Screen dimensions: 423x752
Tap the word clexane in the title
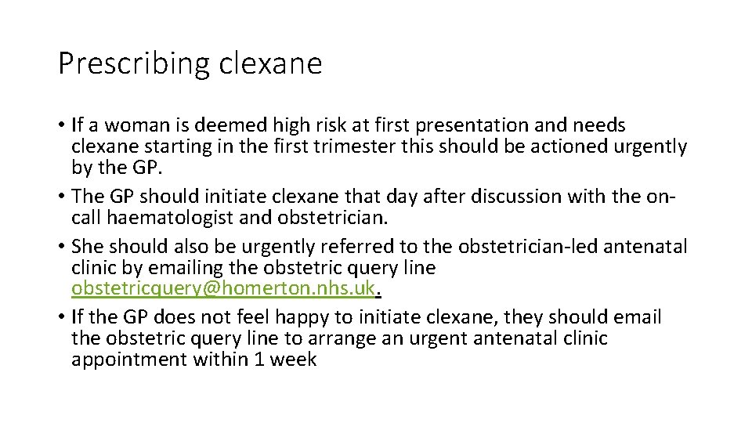[270, 63]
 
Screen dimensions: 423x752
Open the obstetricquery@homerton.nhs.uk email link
[223, 288]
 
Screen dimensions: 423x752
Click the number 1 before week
[259, 360]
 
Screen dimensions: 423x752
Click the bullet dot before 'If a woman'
[62, 125]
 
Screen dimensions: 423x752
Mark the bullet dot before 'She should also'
[62, 247]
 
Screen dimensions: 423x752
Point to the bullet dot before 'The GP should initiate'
[62, 196]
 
